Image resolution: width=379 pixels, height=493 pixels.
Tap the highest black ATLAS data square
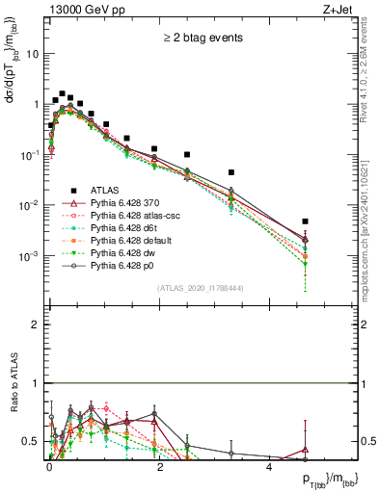[x=62, y=94]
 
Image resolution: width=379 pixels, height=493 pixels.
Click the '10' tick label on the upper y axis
[x=32, y=54]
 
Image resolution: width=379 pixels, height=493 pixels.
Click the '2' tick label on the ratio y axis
[x=36, y=324]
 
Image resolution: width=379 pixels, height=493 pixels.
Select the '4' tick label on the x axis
[x=269, y=466]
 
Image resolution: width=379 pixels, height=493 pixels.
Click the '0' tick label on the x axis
[x=49, y=466]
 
